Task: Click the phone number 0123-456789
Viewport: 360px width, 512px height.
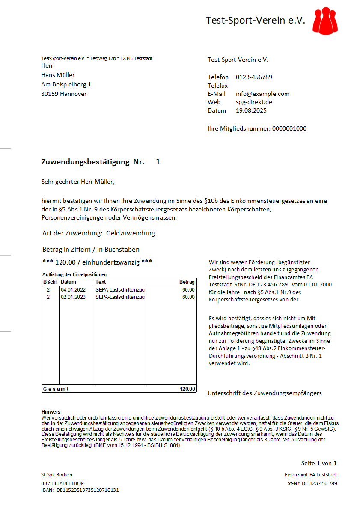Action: [254, 77]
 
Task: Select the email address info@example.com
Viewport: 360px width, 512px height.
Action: [262, 94]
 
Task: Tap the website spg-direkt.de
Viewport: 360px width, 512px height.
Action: [254, 102]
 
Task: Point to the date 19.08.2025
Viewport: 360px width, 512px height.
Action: [251, 110]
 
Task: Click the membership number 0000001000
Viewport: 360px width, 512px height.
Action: [289, 128]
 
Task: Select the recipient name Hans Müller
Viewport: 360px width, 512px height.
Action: [58, 75]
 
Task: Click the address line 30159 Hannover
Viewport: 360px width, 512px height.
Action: [64, 94]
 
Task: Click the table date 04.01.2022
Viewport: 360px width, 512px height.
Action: [73, 290]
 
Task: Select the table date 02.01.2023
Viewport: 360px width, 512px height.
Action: [73, 297]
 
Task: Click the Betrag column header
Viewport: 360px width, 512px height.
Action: [187, 282]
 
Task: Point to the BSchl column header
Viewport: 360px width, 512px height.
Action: [50, 282]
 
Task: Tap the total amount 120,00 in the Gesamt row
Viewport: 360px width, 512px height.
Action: [187, 389]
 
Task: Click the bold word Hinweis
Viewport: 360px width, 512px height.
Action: [51, 411]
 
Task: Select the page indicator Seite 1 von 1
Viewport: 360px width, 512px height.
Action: [319, 463]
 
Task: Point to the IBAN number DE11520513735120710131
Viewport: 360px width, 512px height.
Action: [87, 490]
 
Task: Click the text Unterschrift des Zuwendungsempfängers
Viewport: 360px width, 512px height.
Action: [265, 393]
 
